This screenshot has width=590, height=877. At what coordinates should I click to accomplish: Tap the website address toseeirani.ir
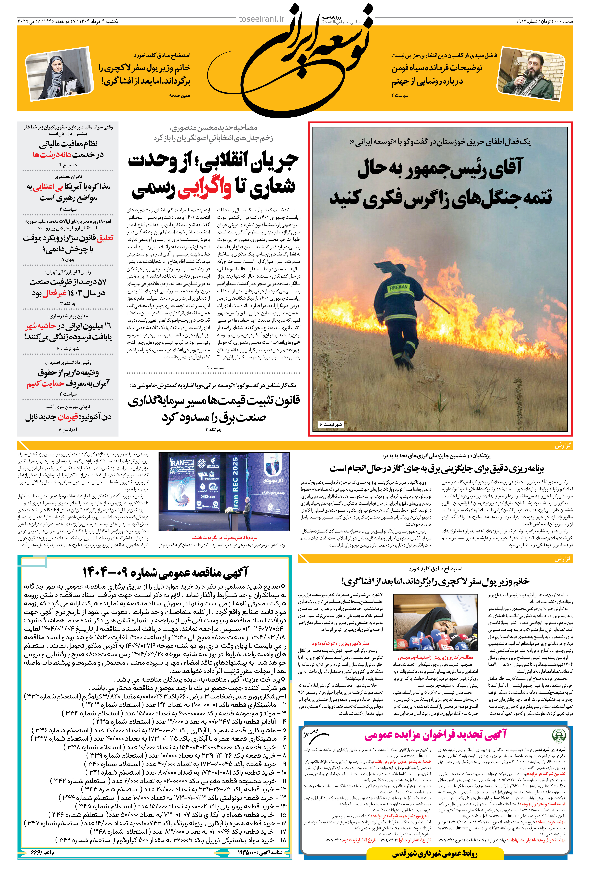262,19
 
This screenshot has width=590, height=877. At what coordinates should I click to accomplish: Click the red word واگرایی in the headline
205,187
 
